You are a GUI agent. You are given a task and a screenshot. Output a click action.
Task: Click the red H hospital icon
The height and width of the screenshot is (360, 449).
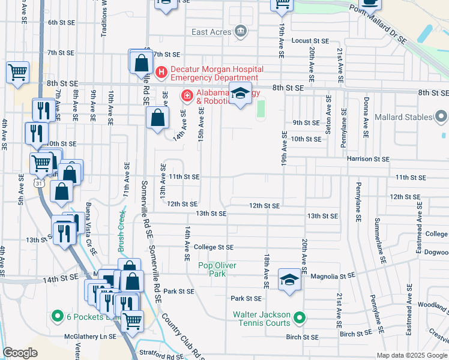161,73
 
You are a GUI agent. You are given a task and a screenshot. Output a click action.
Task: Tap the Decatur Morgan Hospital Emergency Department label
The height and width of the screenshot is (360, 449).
214,73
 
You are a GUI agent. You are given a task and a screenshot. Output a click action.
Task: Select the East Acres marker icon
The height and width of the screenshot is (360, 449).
241,31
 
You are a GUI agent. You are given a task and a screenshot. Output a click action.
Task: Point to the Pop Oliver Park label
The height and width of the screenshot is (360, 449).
217,269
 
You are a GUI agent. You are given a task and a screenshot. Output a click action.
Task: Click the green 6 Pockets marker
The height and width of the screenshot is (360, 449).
58,316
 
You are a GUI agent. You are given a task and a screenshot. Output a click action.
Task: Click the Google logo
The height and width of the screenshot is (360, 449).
20,353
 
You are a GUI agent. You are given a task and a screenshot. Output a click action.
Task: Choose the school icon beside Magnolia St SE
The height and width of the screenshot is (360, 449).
289,280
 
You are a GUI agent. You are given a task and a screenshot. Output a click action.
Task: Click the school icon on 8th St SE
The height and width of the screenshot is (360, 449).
240,94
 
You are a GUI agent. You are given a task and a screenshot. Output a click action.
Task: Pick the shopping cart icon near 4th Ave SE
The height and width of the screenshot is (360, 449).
18,72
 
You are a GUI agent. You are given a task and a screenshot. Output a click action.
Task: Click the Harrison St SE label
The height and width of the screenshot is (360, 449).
368,159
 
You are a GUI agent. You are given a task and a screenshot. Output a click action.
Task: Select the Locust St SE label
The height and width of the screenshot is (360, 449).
310,41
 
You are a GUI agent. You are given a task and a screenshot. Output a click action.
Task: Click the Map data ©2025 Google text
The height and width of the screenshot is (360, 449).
412,355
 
